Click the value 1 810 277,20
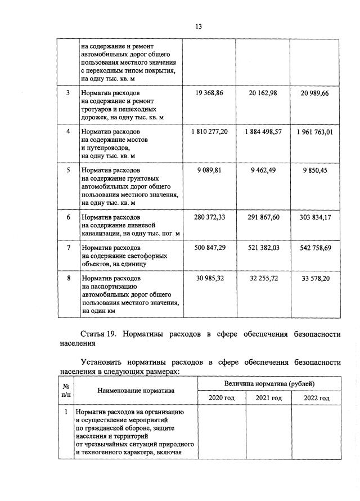click(209, 131)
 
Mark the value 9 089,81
click(210, 169)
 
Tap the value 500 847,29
click(210, 247)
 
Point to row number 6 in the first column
click(67, 217)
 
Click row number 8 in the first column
click(67, 278)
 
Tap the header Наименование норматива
click(136, 390)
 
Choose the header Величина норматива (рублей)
click(269, 383)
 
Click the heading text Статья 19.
click(98, 334)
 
